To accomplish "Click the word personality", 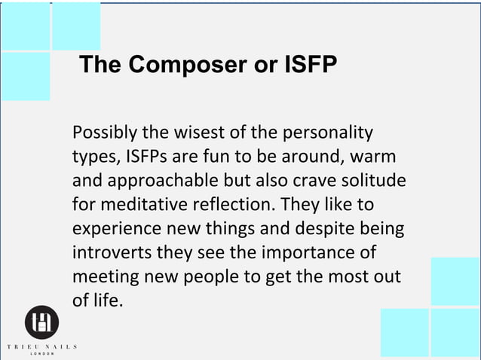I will pyautogui.click(x=332, y=133).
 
